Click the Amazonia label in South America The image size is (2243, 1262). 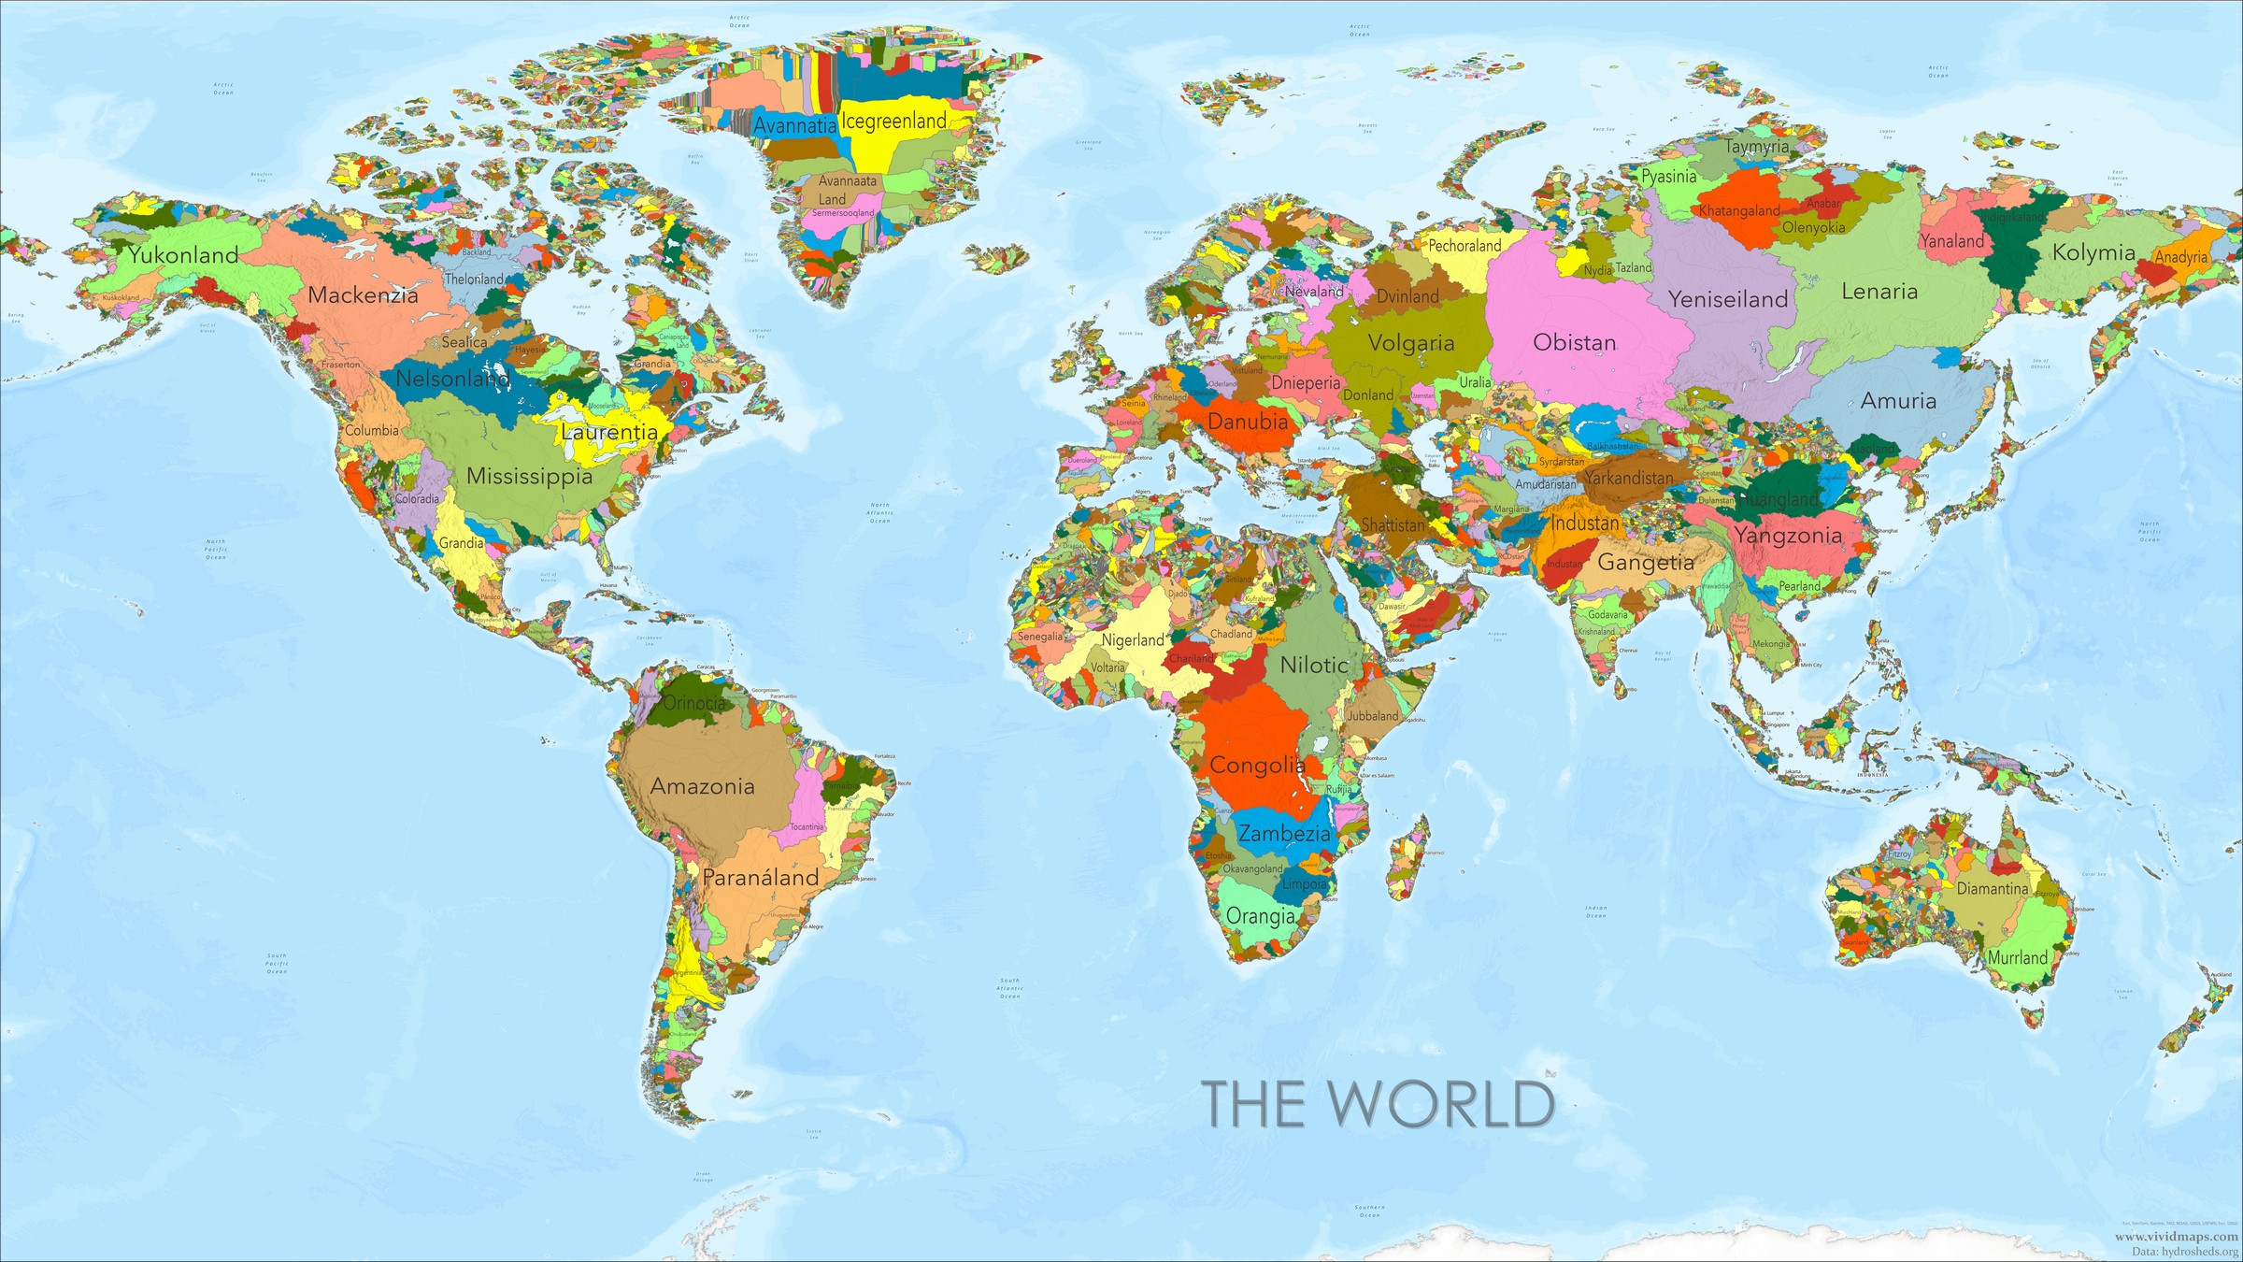(702, 786)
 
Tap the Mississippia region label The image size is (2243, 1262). (529, 476)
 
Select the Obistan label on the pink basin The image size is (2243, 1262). (1574, 342)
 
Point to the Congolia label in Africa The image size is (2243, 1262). (1257, 765)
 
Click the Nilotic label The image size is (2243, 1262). (1314, 665)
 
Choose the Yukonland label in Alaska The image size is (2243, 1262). (183, 254)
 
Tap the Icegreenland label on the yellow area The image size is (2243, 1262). (893, 121)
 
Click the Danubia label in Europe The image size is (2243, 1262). (1248, 421)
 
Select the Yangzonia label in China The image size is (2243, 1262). (1787, 536)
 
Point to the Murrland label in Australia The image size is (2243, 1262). (2017, 957)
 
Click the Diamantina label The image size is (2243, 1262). (1993, 888)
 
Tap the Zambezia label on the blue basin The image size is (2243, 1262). (1284, 833)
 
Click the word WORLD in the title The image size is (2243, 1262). (1442, 1105)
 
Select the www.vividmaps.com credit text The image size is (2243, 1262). (2177, 1236)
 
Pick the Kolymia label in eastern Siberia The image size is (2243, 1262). (2093, 252)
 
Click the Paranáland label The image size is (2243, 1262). (760, 877)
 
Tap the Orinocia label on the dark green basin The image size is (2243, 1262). (693, 703)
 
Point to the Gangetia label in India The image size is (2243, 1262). (1646, 562)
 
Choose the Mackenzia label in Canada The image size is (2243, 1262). (363, 295)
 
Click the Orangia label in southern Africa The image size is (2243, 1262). (1260, 916)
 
